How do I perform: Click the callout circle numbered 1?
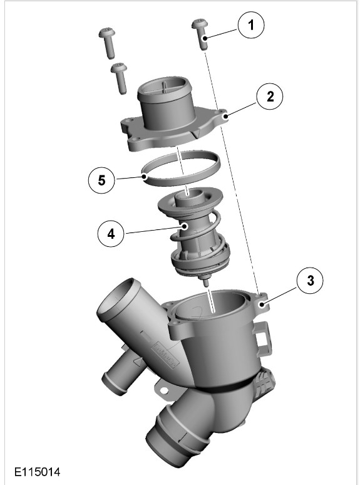tap(251, 24)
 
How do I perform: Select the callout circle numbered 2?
tap(270, 96)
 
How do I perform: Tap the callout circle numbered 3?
tap(310, 281)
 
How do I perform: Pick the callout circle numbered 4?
tap(111, 234)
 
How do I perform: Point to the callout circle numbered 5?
tap(101, 180)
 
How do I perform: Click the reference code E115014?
tap(37, 472)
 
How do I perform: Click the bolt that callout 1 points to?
tap(200, 33)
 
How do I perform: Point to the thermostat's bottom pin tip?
tap(205, 284)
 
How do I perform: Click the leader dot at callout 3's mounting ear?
tap(262, 305)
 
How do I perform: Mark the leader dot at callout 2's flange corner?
tap(226, 117)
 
